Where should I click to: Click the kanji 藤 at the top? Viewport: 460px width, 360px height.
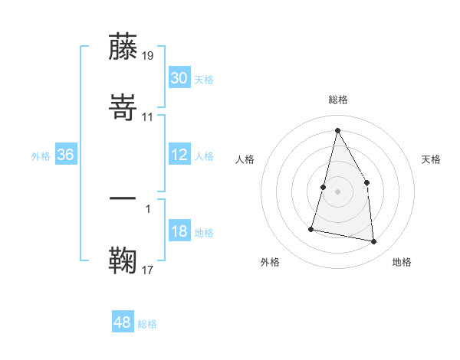coord(123,47)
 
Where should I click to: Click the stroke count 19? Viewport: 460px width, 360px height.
coord(148,55)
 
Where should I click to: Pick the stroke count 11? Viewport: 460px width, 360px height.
coord(148,116)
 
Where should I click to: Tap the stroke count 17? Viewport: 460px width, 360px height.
coord(148,269)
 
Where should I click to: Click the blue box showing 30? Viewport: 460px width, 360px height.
coord(179,78)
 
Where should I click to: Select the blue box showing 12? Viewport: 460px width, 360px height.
coord(179,155)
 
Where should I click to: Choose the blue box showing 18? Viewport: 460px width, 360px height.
coord(179,231)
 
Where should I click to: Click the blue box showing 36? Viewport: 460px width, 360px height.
coord(66,155)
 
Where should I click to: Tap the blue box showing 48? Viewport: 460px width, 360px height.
coord(123,322)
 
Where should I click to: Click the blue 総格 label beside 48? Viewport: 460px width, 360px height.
coord(147,324)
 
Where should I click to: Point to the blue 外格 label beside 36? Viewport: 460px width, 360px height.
coord(41,156)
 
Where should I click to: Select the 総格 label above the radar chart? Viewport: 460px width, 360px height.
coord(338,100)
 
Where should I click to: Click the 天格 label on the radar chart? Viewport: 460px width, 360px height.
coord(431,159)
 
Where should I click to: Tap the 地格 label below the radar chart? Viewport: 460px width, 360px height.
coord(402,262)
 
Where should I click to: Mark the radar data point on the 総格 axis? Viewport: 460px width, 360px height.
coord(337,130)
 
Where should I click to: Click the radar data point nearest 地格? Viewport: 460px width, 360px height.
coord(373,242)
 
